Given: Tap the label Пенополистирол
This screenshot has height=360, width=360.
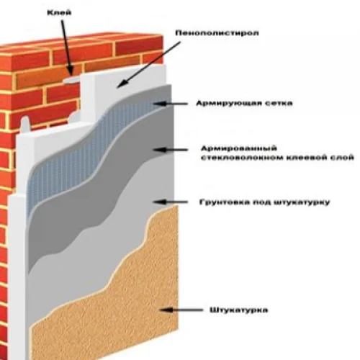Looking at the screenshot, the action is [x=217, y=33].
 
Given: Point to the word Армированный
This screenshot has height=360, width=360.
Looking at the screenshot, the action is [x=239, y=148].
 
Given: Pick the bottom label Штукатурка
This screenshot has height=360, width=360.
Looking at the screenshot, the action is [x=239, y=310].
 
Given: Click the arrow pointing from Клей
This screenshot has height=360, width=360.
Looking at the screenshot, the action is [x=66, y=48].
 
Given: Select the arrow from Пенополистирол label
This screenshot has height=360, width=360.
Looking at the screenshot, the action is [x=149, y=64].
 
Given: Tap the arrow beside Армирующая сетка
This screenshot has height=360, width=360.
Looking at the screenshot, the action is [x=171, y=104].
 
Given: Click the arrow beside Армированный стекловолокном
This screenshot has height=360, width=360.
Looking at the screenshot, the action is [x=171, y=150].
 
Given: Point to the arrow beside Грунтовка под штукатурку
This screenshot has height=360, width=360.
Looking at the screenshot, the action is [x=171, y=202].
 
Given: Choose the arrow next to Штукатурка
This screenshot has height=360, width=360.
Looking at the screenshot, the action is [x=181, y=310].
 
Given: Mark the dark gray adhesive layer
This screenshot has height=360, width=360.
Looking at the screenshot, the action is [x=96, y=204].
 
